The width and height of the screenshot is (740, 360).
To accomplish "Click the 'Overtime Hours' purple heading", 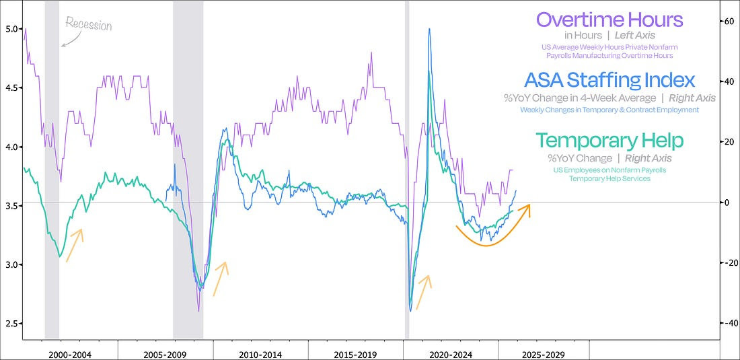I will pyautogui.click(x=609, y=20).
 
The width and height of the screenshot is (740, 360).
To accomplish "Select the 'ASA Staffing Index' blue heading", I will pyautogui.click(x=609, y=81).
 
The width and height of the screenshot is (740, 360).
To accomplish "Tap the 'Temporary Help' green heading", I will pyautogui.click(x=609, y=141).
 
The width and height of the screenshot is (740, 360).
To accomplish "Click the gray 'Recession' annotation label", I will pyautogui.click(x=88, y=26).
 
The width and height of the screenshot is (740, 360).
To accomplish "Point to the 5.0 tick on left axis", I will pyautogui.click(x=11, y=29).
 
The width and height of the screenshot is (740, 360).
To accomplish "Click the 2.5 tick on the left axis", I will pyautogui.click(x=11, y=324).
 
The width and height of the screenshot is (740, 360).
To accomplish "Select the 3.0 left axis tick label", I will pyautogui.click(x=11, y=264).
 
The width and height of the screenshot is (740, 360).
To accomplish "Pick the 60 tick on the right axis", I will pyautogui.click(x=727, y=22).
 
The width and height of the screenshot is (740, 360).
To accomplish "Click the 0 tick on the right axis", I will pyautogui.click(x=727, y=203).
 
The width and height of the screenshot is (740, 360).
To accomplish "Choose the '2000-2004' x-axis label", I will pyautogui.click(x=70, y=353).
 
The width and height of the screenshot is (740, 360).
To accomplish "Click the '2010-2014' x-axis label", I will pyautogui.click(x=261, y=353).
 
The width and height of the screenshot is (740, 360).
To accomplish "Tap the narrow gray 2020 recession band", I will pyautogui.click(x=406, y=168).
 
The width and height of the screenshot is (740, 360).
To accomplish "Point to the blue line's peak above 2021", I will pyautogui.click(x=429, y=29).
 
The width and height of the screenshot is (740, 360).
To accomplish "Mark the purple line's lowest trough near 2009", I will pyautogui.click(x=198, y=310).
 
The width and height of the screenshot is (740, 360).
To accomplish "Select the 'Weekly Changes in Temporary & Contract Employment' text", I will pyautogui.click(x=609, y=110).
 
